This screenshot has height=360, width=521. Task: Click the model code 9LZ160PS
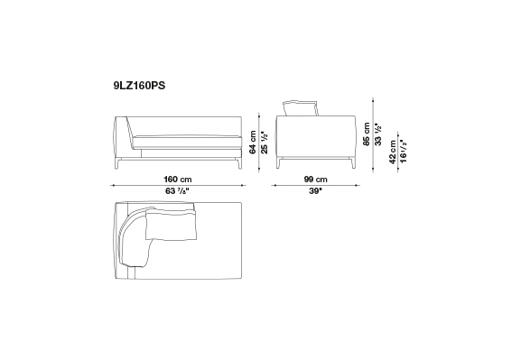pyautogui.click(x=139, y=86)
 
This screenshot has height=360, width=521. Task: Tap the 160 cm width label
pyautogui.click(x=178, y=180)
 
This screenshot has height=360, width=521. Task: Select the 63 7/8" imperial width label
pyautogui.click(x=177, y=191)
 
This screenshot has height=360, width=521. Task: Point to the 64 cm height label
pyautogui.click(x=253, y=143)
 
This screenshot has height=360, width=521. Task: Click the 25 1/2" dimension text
pyautogui.click(x=265, y=143)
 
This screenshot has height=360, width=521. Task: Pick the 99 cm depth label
pyautogui.click(x=316, y=180)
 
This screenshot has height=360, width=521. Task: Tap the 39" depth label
pyautogui.click(x=316, y=191)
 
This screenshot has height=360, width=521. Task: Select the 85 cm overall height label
pyautogui.click(x=367, y=134)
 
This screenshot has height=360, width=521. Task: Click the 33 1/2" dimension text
pyautogui.click(x=378, y=134)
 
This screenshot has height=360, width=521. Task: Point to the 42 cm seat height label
pyautogui.click(x=393, y=152)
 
